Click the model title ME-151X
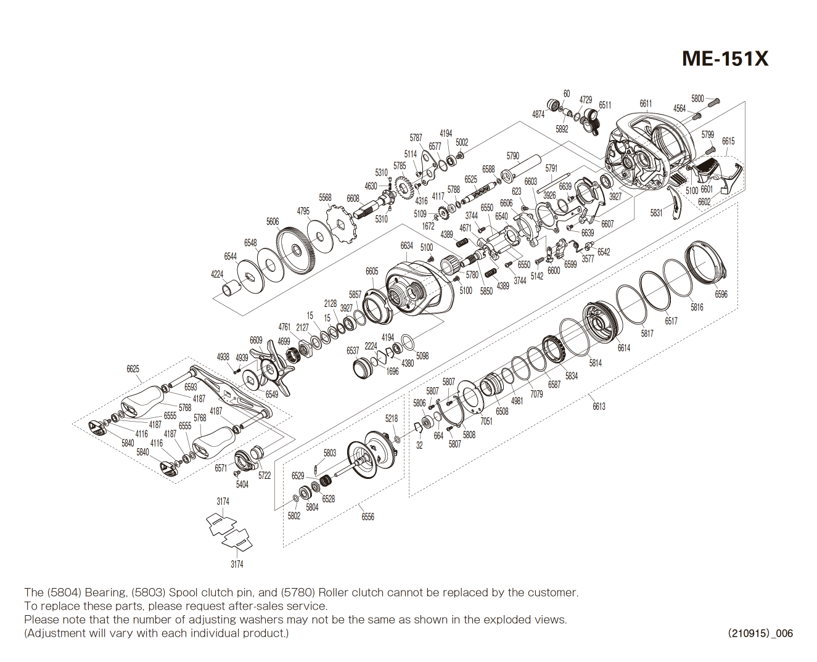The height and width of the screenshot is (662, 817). tap(725, 59)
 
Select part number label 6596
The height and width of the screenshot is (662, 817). tap(721, 294)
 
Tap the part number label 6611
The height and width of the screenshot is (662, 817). tap(645, 104)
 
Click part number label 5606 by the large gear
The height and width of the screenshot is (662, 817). tap(273, 221)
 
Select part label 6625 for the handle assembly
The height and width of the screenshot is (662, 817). tap(133, 369)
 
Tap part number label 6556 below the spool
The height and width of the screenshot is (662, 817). tap(367, 517)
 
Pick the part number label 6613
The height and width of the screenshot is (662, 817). tap(599, 406)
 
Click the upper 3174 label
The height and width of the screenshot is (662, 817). tap(223, 501)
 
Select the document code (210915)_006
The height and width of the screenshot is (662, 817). tap(760, 633)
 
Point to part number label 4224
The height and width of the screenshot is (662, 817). tap(217, 274)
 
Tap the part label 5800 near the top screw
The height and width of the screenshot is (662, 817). tap(697, 99)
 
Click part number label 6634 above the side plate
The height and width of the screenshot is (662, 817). tap(406, 245)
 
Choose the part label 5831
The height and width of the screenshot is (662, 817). tap(656, 213)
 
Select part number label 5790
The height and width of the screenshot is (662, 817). tap(512, 156)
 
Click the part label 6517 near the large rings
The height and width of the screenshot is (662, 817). tap(671, 321)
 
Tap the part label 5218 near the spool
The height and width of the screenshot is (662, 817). tap(392, 418)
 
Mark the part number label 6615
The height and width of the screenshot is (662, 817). tap(728, 141)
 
